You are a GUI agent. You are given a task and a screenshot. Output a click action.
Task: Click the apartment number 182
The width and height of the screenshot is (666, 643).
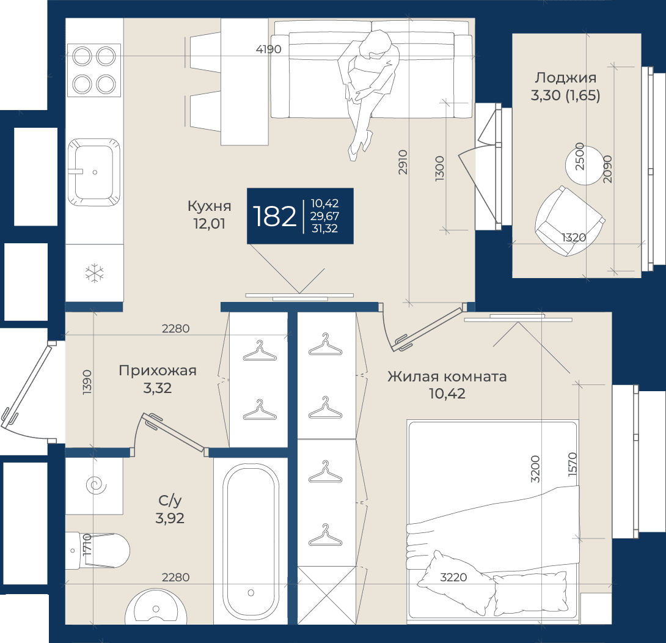[274, 216]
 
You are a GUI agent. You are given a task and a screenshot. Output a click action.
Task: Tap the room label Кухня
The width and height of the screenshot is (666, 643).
[210, 206]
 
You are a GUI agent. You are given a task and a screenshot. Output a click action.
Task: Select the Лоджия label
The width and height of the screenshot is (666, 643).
[565, 78]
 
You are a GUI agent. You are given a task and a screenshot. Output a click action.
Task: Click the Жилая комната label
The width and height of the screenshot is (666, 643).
[447, 377]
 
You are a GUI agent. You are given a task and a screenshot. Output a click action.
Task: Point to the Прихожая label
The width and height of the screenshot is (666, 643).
[158, 370]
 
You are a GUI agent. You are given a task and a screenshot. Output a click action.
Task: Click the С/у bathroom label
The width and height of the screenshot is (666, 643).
[170, 501]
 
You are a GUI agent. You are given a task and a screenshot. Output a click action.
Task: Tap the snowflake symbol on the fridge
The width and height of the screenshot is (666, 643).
[94, 273]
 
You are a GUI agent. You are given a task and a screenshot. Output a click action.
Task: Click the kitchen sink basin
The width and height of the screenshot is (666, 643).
[94, 172]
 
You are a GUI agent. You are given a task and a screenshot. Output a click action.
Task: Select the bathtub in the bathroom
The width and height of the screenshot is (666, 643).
[251, 545]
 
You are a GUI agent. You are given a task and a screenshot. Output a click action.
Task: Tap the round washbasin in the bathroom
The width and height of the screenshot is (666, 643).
[156, 607]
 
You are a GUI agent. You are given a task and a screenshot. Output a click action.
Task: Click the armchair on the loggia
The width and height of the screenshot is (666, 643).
[569, 221]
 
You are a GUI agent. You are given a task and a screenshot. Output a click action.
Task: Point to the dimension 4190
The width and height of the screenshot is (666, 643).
[268, 50]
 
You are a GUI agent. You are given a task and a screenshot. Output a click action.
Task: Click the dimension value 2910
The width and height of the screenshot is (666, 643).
[403, 162]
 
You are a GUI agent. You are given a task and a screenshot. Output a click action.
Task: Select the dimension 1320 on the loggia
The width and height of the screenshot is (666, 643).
[574, 238]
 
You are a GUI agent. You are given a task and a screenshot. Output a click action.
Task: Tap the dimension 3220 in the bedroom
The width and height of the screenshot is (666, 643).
[453, 577]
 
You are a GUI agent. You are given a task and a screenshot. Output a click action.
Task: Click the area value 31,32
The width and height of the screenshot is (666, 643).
[325, 229]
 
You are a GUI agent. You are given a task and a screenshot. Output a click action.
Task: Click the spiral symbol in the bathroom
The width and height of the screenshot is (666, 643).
[96, 485]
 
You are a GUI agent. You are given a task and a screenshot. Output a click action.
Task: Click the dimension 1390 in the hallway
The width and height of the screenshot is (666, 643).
[87, 383]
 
